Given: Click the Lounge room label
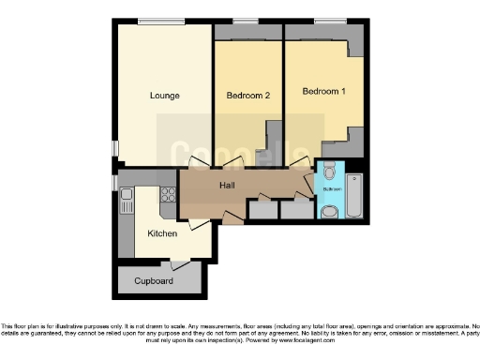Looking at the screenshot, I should tap(164, 96).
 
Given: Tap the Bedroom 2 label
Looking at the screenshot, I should tap(247, 96).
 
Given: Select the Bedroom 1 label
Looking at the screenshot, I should tap(322, 92).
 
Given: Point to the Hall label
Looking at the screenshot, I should tap(228, 186).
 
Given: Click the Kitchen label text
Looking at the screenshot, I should tap(162, 232).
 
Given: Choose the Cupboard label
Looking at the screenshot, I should tap(153, 280).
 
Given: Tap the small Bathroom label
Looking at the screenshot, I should tap(332, 190).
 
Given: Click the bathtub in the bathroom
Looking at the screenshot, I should tap(355, 195).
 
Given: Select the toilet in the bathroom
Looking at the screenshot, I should tap(328, 171).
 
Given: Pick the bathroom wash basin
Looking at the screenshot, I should tap(327, 212).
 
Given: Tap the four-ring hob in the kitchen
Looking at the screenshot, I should tap(169, 195).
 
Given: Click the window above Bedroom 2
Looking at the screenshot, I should tap(247, 22).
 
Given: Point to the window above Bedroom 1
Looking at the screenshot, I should tap(329, 22).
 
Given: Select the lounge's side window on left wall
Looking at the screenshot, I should tap(115, 148).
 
